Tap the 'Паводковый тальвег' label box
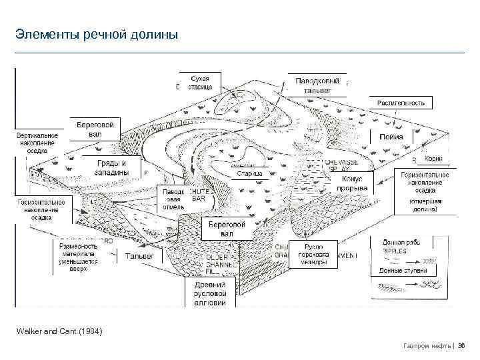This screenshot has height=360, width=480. pos(317,85)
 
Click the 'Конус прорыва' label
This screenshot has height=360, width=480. pos(353,183)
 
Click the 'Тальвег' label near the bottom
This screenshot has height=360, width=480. pos(140,255)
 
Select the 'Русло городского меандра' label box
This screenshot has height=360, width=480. pos(312,255)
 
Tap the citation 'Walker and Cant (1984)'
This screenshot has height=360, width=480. pos(59,331)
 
